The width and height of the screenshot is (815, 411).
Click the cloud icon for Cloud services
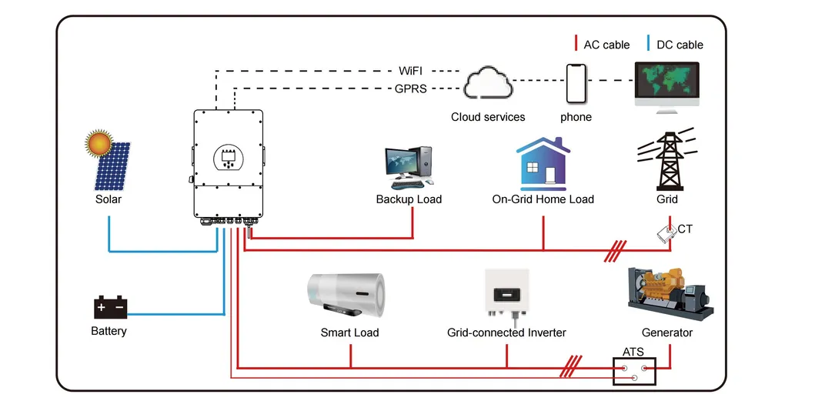click(488, 83)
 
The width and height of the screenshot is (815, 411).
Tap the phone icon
click(576, 83)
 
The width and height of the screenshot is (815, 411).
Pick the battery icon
click(109, 307)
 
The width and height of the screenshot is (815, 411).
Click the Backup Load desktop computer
click(409, 167)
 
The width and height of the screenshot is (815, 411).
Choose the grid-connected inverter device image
click(506, 293)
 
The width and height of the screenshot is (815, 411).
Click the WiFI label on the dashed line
click(410, 71)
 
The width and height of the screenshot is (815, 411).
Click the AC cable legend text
click(606, 45)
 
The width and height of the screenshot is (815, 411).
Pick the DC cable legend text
click(680, 45)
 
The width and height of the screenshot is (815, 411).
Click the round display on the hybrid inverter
click(228, 158)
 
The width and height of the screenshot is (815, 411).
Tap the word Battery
click(109, 331)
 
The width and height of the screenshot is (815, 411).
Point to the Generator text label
click(666, 332)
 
